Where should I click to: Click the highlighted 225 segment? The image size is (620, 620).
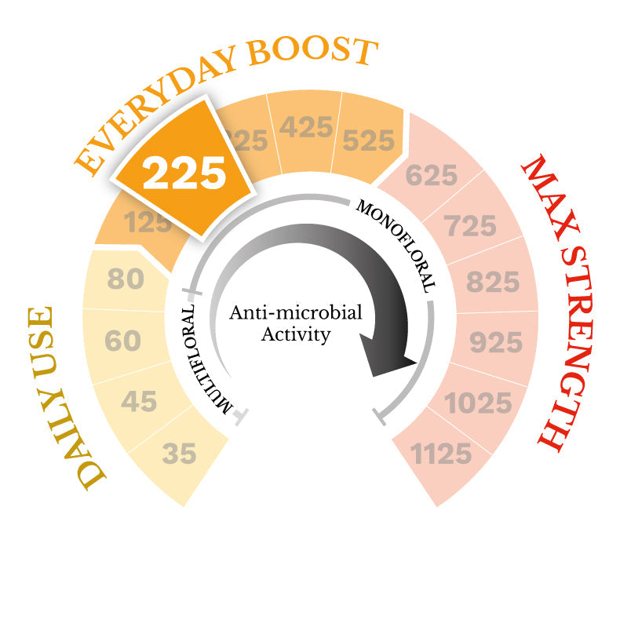[x=185, y=172]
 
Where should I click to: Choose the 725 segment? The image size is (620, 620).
[x=470, y=227]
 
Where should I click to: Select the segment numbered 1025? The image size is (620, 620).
[x=478, y=403]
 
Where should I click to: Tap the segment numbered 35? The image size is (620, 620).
[x=179, y=453]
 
